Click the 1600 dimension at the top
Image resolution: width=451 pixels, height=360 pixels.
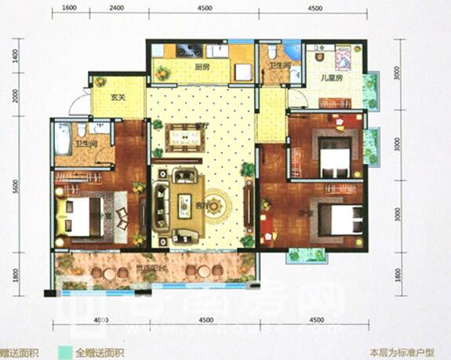tap(68, 8)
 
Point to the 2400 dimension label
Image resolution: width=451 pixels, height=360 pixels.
tap(118, 8)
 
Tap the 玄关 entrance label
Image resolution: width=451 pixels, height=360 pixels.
tap(118, 99)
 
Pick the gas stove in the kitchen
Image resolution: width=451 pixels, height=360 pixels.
tap(188, 51)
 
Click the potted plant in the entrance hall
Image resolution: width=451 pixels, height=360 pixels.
tap(100, 81)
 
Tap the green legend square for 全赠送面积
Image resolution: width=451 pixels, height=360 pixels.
tap(67, 352)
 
